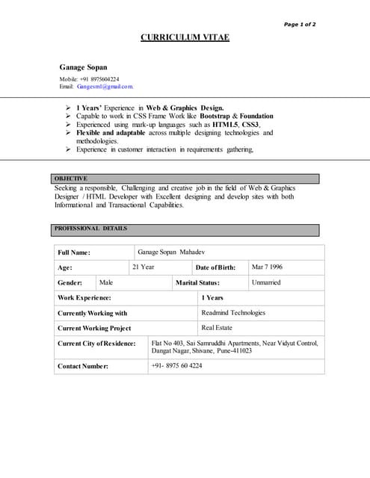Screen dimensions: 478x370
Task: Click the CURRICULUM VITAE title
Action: coord(185,37)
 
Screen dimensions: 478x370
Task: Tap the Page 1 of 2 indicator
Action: coord(300,25)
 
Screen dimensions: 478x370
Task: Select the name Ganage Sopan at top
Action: coord(83,66)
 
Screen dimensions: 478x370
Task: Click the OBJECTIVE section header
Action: coord(71,179)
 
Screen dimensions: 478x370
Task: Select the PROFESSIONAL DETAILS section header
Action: coord(90,229)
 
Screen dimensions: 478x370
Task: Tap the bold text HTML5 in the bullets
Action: coord(225,125)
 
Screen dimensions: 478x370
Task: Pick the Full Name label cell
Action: coord(74,253)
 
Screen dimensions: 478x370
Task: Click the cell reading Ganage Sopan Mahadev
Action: coord(176,252)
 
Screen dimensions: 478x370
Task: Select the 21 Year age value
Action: coord(144,267)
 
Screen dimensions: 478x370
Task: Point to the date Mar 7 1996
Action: coord(267,267)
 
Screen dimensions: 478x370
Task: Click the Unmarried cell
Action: coord(266,282)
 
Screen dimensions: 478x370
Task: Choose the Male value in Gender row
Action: coord(106,282)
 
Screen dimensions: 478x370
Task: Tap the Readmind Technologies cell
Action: coord(233,313)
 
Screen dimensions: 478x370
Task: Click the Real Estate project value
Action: coord(217,328)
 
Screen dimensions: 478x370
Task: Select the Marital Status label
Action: coord(197,283)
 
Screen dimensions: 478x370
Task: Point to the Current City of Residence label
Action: coord(96,344)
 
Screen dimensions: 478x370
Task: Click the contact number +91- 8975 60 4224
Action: coord(176,366)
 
